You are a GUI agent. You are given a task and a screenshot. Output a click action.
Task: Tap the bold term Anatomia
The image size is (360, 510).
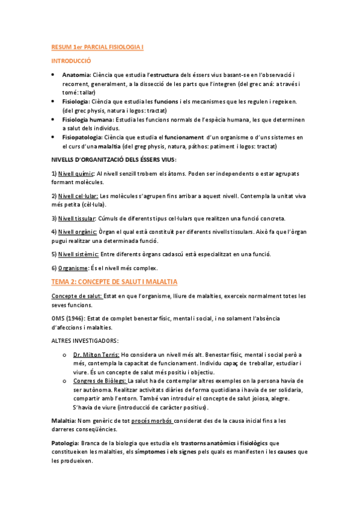point(76,75)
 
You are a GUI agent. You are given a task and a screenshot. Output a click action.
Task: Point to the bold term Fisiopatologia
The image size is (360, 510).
point(82,138)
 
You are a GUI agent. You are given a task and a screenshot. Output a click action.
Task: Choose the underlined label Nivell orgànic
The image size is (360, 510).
point(77,232)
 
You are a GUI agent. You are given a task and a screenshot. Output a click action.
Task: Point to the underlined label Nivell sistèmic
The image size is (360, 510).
point(78,254)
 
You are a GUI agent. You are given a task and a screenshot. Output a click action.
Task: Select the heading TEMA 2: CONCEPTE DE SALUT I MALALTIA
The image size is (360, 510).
point(114,281)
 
